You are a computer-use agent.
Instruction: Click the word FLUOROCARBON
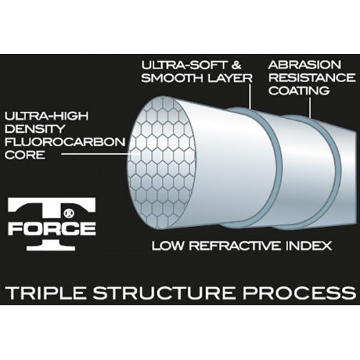click(x=65, y=142)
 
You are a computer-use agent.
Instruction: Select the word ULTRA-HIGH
click(x=47, y=116)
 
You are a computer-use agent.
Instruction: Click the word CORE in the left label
click(x=25, y=155)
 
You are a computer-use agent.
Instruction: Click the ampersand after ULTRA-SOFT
click(x=236, y=65)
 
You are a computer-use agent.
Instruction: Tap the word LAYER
click(x=230, y=78)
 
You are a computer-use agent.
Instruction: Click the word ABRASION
click(x=305, y=65)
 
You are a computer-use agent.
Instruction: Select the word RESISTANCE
click(x=312, y=78)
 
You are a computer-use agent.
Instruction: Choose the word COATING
click(x=299, y=91)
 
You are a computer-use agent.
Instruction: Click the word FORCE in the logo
click(x=52, y=229)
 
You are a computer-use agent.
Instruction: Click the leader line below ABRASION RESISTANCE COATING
click(x=310, y=108)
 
